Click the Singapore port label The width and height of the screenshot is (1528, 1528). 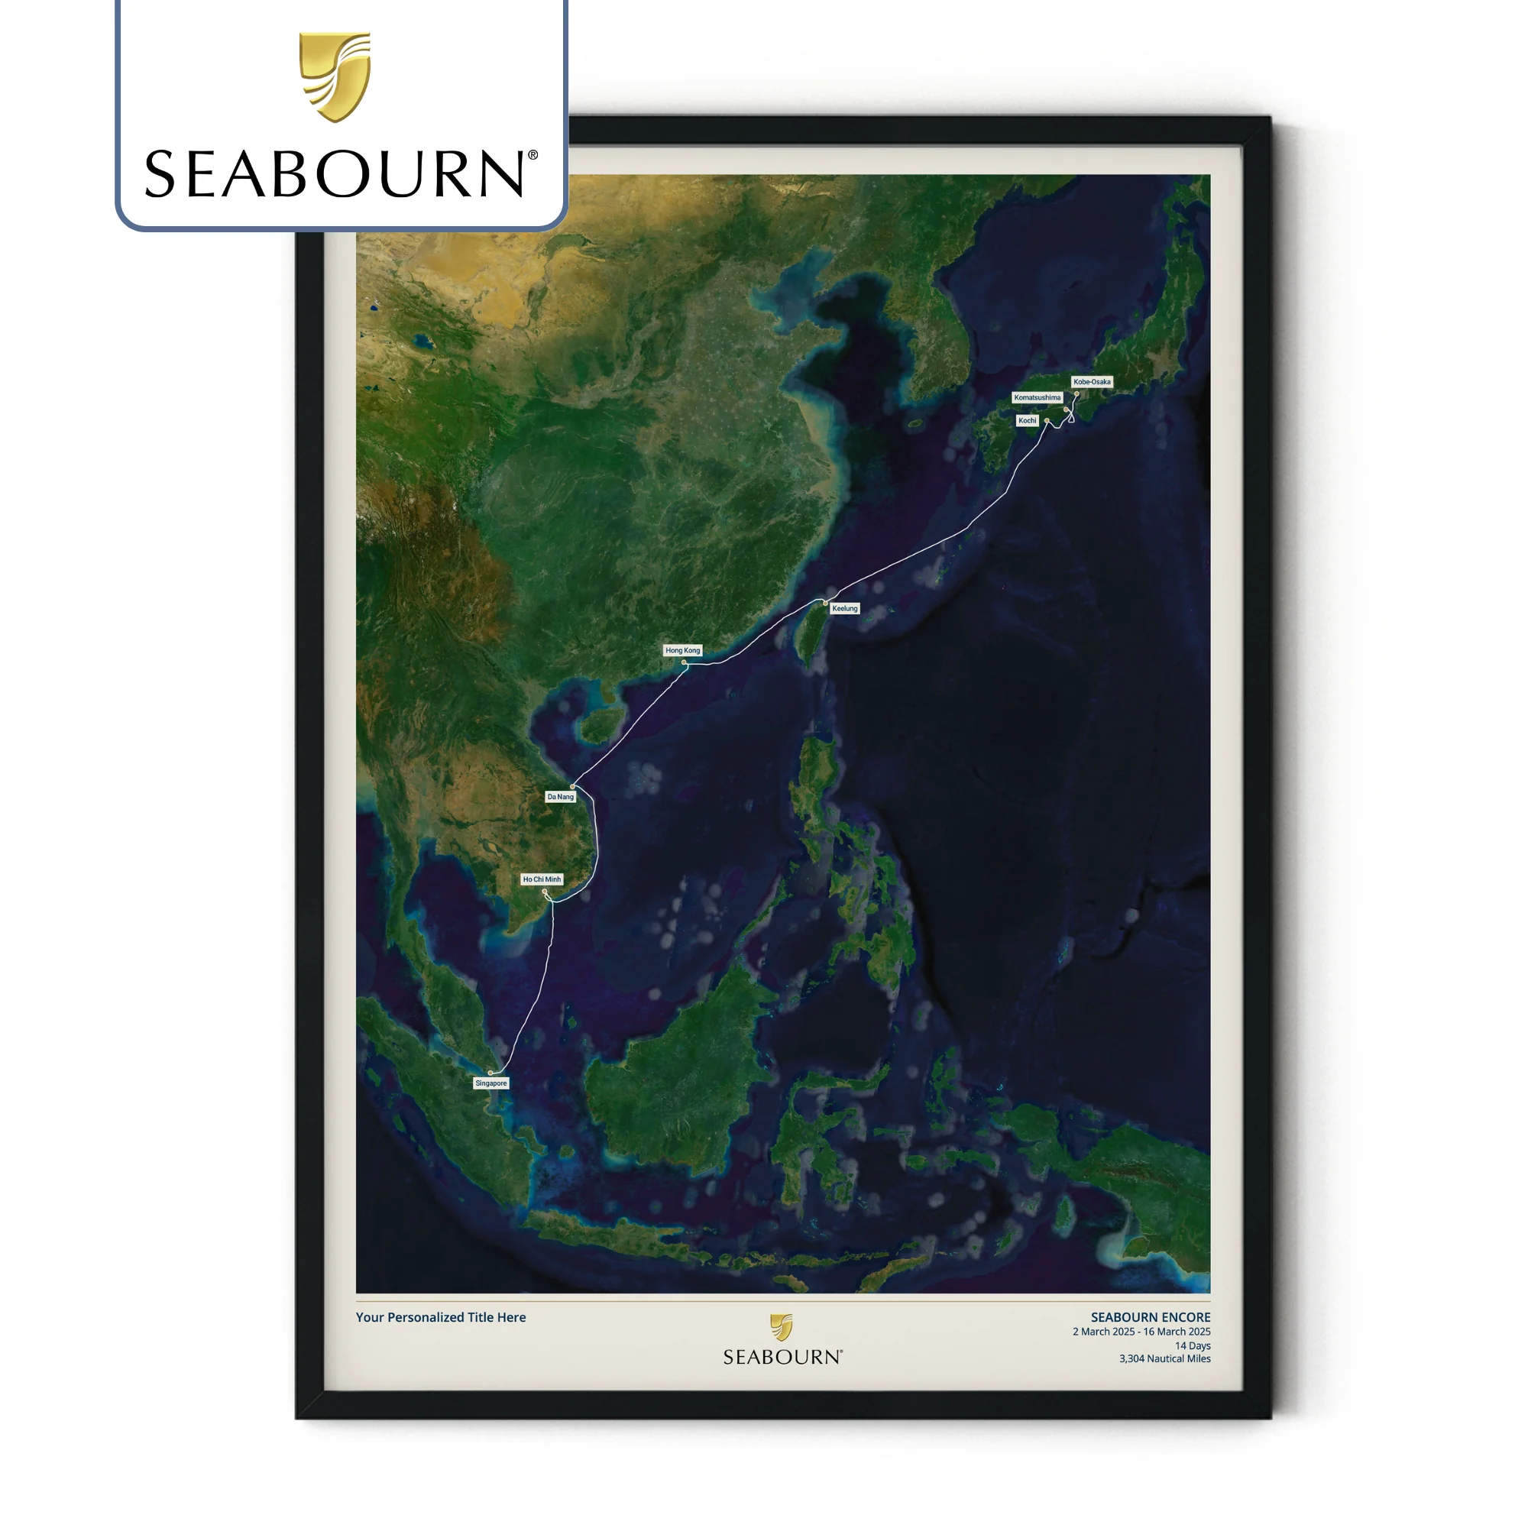click(x=490, y=1083)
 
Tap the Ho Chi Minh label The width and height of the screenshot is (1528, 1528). click(x=542, y=879)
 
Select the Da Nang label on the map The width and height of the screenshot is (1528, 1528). click(x=560, y=796)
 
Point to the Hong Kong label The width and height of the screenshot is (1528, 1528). click(x=682, y=650)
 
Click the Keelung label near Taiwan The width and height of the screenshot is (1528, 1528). click(x=845, y=608)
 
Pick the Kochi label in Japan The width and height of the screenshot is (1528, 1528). click(x=1027, y=420)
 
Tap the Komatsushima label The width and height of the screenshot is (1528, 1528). click(x=1037, y=397)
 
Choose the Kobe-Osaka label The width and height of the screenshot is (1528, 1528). click(x=1092, y=381)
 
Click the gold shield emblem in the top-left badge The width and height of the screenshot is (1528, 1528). click(x=335, y=76)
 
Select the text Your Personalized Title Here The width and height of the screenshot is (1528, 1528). click(x=441, y=1317)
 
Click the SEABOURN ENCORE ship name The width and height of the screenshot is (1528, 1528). click(x=1150, y=1317)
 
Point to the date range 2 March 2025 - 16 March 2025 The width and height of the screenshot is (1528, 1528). click(x=1141, y=1332)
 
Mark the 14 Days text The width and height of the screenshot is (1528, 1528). click(x=1192, y=1345)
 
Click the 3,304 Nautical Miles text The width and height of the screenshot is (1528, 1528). click(x=1164, y=1358)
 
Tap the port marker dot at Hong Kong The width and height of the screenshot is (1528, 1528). click(x=684, y=662)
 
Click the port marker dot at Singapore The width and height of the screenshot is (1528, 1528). click(x=490, y=1073)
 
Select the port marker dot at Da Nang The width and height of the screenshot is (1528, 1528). click(x=572, y=786)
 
